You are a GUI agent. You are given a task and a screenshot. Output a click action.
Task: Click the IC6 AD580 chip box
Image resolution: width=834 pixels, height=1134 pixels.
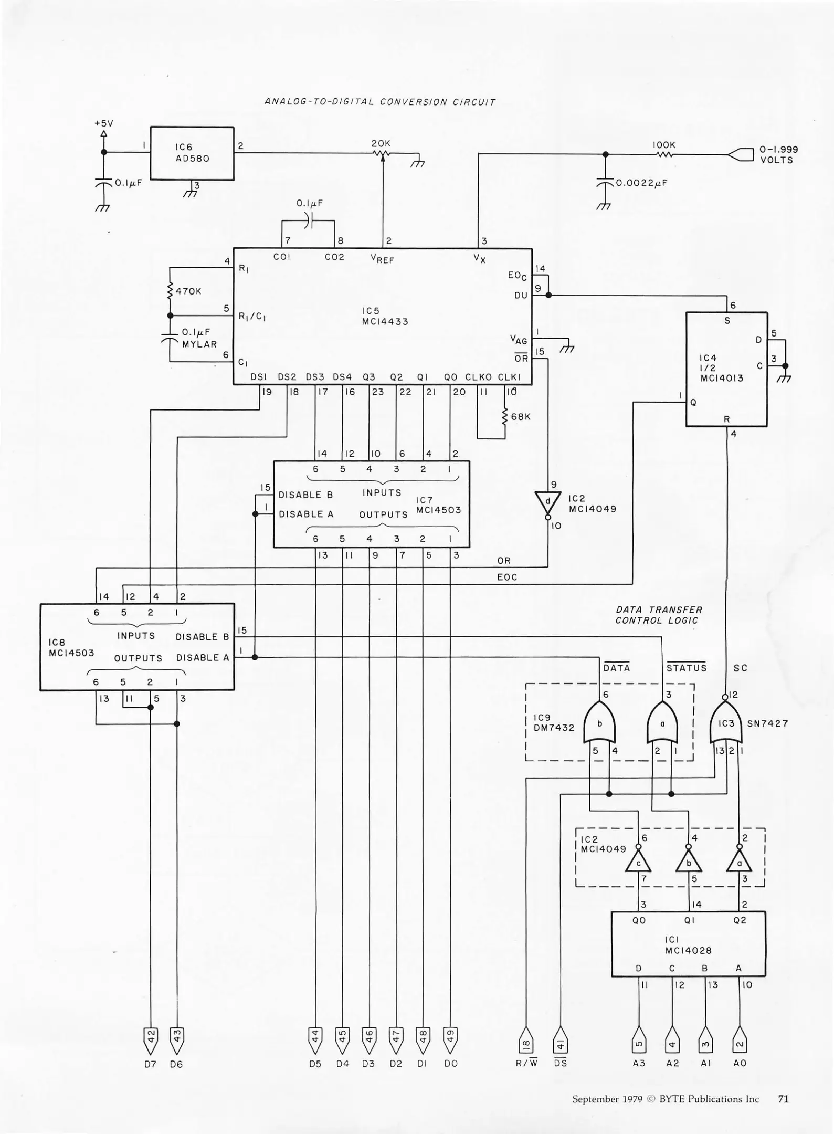tap(192, 153)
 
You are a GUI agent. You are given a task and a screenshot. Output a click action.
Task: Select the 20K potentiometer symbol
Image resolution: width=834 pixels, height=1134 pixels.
tap(382, 153)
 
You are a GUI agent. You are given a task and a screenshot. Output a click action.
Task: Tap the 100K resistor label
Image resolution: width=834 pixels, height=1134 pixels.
tap(664, 145)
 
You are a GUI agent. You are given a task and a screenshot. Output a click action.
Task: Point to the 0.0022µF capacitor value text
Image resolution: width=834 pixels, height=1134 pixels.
tap(641, 183)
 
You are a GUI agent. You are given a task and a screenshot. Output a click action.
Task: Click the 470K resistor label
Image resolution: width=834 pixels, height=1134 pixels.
tap(188, 291)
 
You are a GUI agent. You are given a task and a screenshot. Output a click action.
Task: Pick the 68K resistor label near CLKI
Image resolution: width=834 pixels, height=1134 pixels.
tap(521, 417)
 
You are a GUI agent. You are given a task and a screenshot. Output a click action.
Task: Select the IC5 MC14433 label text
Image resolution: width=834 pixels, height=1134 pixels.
tap(385, 316)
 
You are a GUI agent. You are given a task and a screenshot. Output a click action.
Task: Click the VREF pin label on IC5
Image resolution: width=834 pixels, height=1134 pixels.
tap(382, 258)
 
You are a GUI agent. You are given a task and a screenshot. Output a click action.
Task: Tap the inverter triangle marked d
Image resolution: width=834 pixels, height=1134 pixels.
tap(547, 502)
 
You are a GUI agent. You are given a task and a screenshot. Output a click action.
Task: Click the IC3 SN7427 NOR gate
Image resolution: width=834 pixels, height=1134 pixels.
tap(726, 723)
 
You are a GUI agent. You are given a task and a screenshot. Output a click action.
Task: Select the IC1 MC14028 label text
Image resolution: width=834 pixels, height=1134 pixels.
tap(688, 945)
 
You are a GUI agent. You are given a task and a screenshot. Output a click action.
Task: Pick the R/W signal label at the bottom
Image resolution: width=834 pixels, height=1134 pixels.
tap(526, 1063)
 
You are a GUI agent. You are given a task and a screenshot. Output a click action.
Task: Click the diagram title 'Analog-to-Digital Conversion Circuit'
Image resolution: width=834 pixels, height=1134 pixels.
tap(379, 102)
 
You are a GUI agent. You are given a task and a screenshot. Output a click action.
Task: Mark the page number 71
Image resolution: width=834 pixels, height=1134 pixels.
tap(783, 1099)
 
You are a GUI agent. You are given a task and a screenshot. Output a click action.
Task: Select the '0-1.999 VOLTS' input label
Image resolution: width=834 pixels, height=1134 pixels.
tap(778, 155)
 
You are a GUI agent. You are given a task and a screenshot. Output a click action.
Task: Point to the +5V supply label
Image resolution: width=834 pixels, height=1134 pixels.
tap(103, 123)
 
